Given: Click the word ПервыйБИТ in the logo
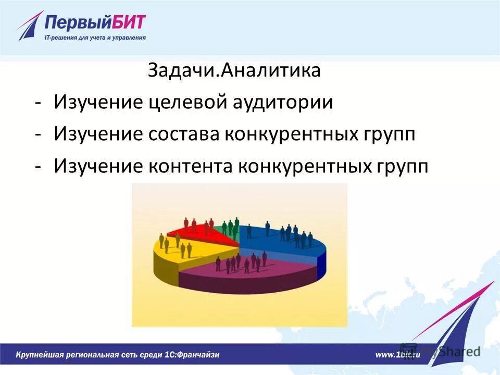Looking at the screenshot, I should (95, 23).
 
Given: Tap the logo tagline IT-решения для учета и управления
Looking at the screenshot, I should (95, 37).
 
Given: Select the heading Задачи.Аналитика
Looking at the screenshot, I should (234, 70).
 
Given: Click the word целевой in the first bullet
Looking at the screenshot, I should (187, 102).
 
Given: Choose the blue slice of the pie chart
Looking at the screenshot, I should (281, 242).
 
